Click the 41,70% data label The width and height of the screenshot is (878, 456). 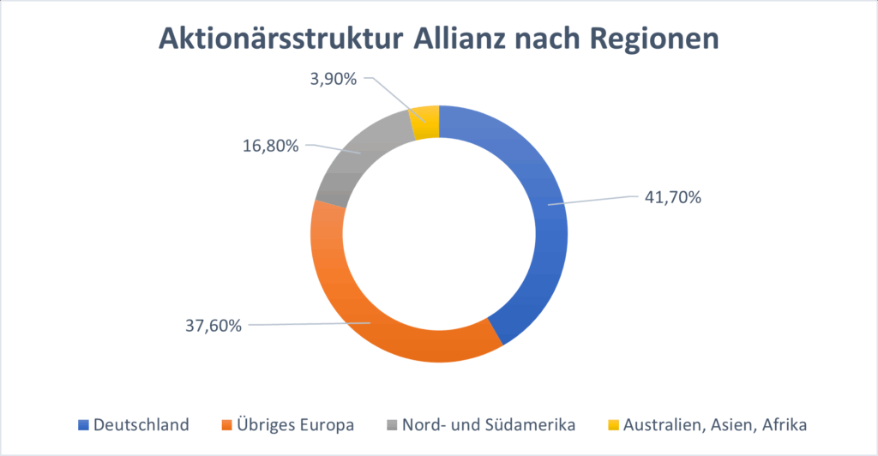pos(672,197)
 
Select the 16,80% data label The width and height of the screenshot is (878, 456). pos(270,146)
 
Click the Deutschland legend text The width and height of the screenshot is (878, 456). pos(141,424)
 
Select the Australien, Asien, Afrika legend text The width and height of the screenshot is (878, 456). pos(712,424)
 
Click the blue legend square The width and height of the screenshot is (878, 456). pos(83,424)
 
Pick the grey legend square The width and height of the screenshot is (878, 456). pos(394,424)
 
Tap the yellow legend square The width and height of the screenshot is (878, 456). pos(614,424)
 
